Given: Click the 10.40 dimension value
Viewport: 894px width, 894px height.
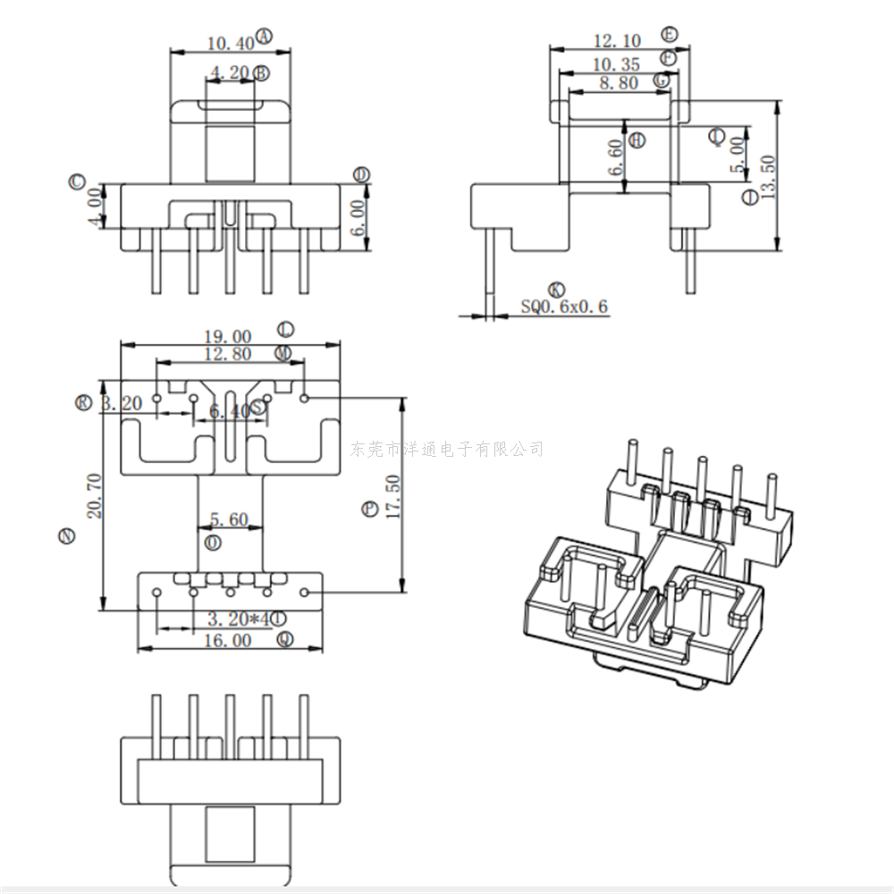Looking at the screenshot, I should pos(230,43).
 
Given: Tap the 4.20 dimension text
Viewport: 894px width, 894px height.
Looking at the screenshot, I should pos(229,73).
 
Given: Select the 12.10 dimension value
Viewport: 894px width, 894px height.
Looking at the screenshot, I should pos(618,41).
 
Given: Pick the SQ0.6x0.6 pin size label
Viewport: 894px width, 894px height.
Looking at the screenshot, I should pos(564,307).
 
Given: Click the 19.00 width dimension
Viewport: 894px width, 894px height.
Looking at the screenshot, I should pos(228,337).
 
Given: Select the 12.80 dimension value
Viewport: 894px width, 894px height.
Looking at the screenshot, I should pos(228,354).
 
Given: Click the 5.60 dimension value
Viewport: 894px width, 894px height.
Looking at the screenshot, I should pos(229,519).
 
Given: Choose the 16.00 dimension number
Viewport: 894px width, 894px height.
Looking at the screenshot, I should pos(228,640).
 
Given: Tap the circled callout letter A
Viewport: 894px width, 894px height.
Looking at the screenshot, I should pos(264,36).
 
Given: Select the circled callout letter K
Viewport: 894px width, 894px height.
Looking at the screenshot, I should pos(556,290).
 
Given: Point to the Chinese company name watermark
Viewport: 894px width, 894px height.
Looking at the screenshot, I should pos(447,449).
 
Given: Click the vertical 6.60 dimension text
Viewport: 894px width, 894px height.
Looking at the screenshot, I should pos(614,158).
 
